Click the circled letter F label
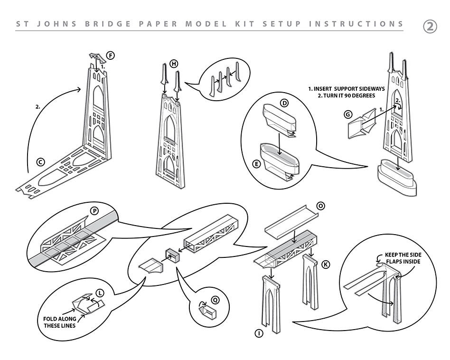click(111, 56)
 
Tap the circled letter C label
click(41, 162)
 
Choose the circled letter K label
click(325, 265)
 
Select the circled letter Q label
click(215, 300)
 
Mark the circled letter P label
click(94, 210)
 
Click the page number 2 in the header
click(430, 27)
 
